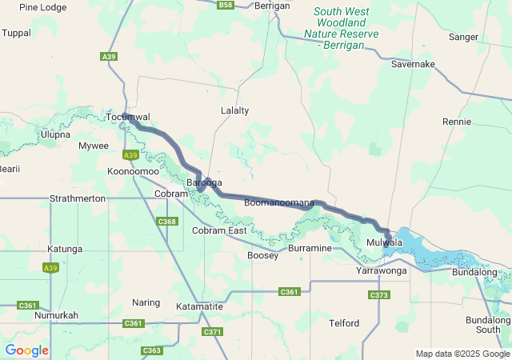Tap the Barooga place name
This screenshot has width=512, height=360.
pos(204,183)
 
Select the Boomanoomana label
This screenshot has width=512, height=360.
pos(279,203)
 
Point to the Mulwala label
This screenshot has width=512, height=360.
pos(384,242)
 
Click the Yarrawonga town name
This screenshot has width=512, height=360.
pos(382,271)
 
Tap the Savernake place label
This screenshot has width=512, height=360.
pos(413,63)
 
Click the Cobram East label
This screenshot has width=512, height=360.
pos(219,230)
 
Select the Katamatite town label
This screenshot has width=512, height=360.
pos(199,306)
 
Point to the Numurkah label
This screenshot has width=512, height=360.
pos(56,315)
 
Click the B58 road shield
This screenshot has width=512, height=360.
pos(226,5)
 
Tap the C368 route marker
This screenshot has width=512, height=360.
pos(166,222)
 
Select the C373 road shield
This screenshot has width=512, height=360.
pos(379,295)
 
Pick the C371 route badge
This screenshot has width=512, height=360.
pos(212,332)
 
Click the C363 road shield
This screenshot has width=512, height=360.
pos(152,350)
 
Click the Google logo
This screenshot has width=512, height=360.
pos(26,350)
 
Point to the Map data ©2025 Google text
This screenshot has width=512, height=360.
pos(462,354)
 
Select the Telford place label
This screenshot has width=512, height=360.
pos(345,323)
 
